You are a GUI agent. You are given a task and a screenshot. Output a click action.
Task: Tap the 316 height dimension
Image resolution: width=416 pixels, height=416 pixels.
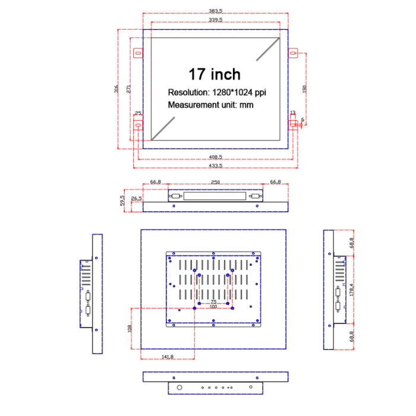(116, 89)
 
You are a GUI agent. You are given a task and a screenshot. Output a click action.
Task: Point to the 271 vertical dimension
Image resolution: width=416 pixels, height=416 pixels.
(128, 89)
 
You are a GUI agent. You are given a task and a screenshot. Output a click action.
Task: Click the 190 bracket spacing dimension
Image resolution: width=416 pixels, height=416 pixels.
(305, 89)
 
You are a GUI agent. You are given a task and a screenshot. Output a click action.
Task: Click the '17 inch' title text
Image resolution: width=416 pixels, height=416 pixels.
(215, 74)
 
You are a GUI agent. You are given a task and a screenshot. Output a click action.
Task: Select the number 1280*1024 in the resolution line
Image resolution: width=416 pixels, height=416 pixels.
(232, 93)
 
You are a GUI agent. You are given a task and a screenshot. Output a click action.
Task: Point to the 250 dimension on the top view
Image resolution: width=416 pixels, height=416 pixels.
(215, 182)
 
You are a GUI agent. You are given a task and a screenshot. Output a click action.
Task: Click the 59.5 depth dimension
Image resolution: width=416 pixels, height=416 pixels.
(122, 201)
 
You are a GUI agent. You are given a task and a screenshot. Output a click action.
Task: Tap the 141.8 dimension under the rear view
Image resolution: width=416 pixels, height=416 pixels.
(167, 357)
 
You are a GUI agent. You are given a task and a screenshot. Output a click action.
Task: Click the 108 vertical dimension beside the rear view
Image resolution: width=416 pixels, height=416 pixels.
(130, 327)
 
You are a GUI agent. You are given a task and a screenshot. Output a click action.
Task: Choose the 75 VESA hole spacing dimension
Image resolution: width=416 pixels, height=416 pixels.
(213, 301)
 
